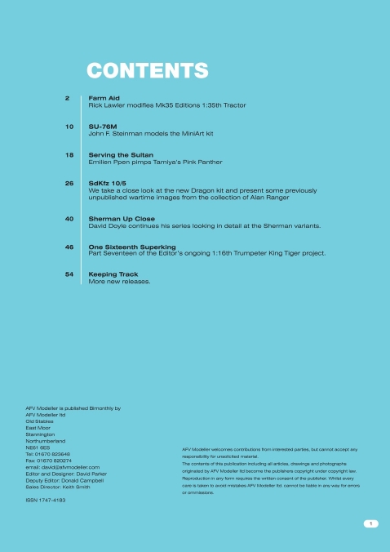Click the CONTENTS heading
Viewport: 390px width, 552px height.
point(147,71)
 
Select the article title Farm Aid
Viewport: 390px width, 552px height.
point(104,98)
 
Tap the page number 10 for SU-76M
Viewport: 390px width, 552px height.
point(69,127)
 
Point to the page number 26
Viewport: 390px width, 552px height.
point(69,184)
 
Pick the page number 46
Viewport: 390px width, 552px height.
point(69,246)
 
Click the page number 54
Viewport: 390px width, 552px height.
point(69,274)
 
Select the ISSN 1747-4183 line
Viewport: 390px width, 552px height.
point(46,499)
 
